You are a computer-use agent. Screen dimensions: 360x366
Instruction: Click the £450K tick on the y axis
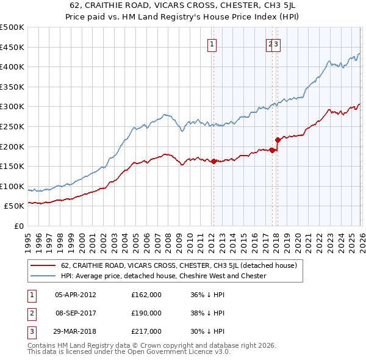tap(12, 47)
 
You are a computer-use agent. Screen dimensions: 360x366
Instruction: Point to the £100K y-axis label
tap(12, 186)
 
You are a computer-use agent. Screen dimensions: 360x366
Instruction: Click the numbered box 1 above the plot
tap(212, 44)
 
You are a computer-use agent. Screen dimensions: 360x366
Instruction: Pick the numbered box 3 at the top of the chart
tap(276, 44)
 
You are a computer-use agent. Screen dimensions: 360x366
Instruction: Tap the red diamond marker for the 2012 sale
tap(213, 162)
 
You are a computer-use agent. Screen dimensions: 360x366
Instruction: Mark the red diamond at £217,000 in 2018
tap(278, 140)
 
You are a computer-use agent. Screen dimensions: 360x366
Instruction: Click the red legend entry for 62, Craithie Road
tap(178, 265)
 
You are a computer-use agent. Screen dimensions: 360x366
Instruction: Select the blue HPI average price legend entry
tap(163, 276)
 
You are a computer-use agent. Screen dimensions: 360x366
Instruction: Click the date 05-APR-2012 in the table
tap(75, 295)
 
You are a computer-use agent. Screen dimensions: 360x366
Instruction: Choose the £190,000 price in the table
tap(146, 313)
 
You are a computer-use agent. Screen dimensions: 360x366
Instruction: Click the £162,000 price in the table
tap(146, 295)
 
